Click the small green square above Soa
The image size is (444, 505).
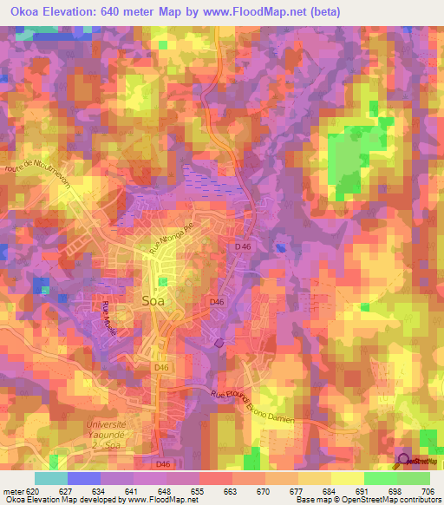[163, 281]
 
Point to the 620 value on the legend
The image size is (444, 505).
[35, 490]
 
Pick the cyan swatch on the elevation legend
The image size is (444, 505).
[51, 478]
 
